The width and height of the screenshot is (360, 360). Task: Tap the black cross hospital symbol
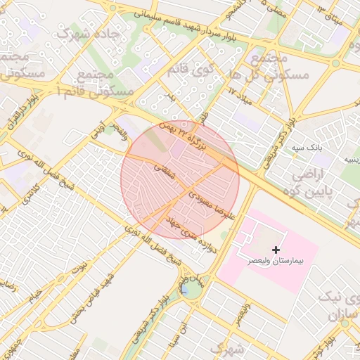[276, 250]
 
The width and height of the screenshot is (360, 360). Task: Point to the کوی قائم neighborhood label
[191, 69]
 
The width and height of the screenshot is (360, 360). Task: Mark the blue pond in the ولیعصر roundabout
[184, 288]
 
